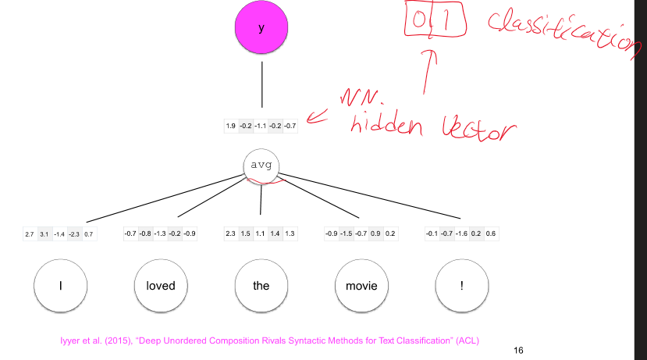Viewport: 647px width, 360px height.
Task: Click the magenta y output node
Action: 261,27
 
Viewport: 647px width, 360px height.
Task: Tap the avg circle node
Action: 261,165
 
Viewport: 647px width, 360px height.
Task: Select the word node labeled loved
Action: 160,285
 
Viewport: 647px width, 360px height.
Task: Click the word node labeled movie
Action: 361,285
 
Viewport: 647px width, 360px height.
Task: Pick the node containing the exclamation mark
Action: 461,285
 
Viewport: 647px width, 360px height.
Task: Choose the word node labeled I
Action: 60,285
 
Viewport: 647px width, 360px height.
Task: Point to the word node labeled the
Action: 261,285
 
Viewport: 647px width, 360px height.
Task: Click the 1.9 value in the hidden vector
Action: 231,125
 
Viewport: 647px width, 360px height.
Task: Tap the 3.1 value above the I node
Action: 44,233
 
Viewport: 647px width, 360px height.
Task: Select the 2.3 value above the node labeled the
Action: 230,233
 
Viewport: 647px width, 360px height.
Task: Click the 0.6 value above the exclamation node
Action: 490,233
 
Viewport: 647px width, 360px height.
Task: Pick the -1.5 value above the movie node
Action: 346,233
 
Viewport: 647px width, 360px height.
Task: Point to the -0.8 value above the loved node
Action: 145,233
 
